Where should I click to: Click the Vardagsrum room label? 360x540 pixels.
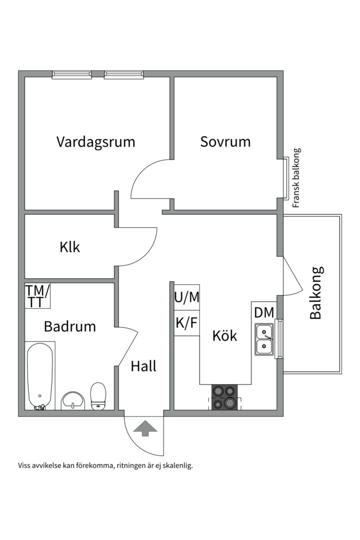(x=95, y=141)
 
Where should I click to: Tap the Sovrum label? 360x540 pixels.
(x=225, y=141)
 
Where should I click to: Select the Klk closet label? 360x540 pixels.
(x=69, y=247)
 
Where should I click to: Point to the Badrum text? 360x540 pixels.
(x=69, y=326)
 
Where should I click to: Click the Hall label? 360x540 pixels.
(x=143, y=366)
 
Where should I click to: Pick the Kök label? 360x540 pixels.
(x=224, y=335)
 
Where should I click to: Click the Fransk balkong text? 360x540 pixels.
(x=296, y=177)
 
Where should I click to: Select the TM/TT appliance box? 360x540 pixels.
(x=37, y=295)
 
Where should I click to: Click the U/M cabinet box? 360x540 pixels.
(x=186, y=297)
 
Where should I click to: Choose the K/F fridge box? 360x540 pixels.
(x=186, y=323)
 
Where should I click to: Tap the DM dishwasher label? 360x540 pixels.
(x=263, y=313)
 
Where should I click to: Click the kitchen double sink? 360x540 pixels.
(x=264, y=339)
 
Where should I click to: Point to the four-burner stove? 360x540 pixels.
(x=224, y=397)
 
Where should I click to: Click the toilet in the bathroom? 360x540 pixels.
(x=98, y=395)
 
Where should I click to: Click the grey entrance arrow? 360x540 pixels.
(x=145, y=428)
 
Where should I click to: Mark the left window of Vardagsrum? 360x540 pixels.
(x=72, y=75)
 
